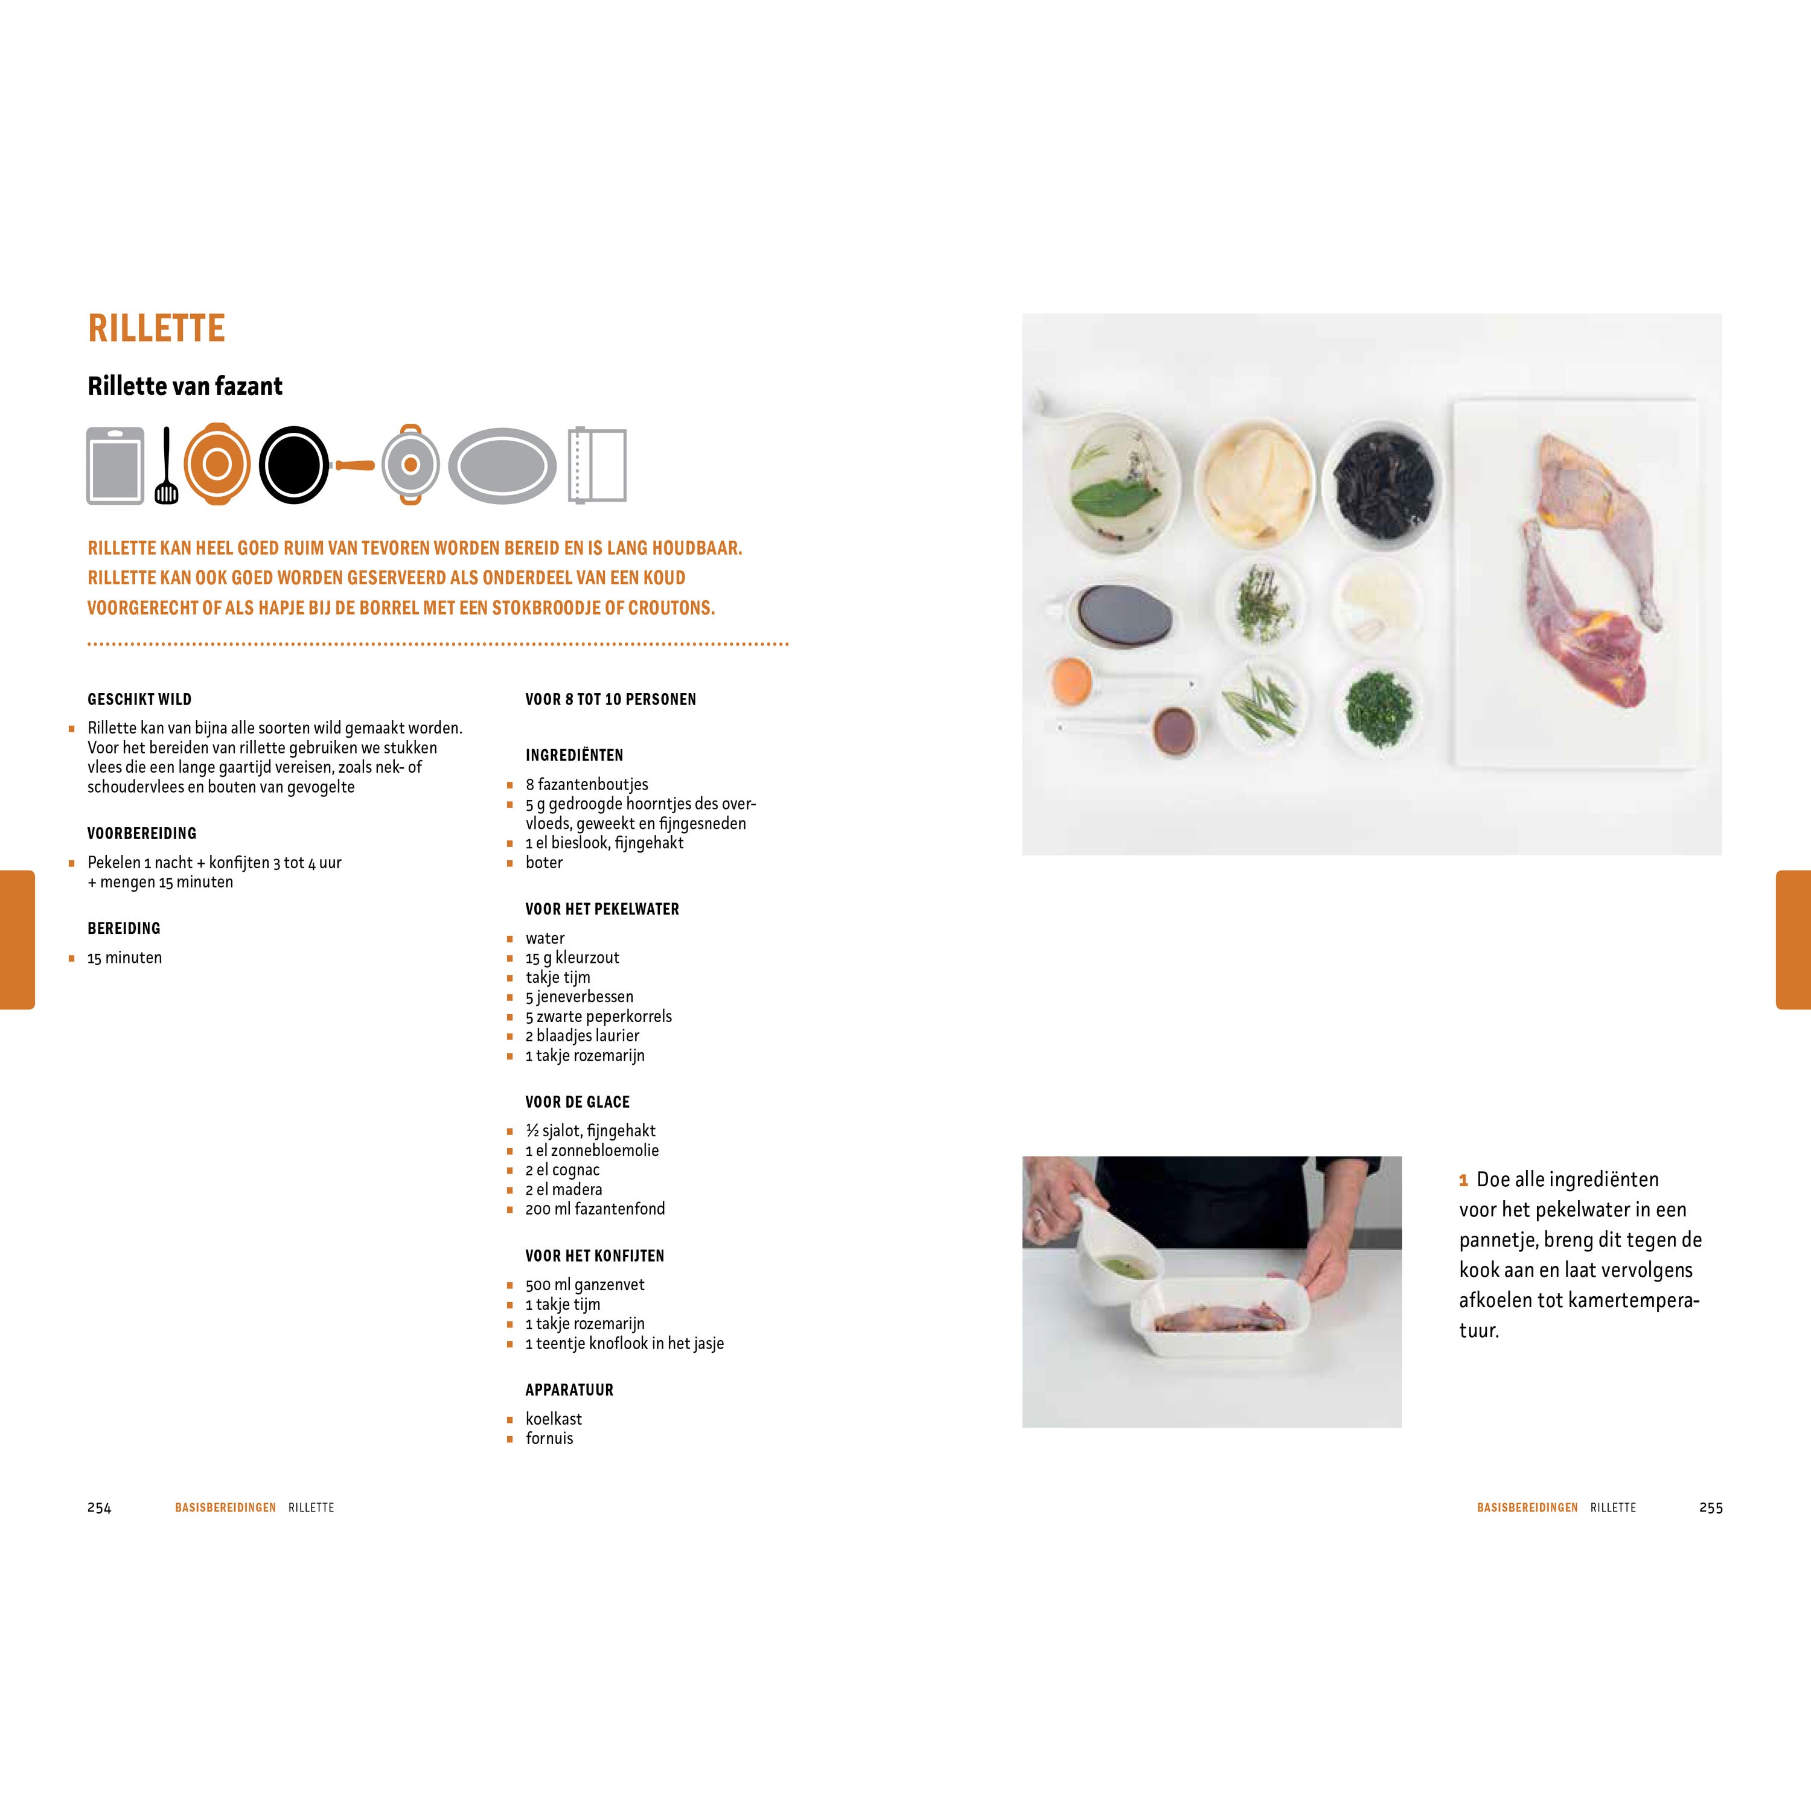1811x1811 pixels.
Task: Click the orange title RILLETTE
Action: [x=156, y=328]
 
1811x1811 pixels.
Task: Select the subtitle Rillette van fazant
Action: [x=185, y=386]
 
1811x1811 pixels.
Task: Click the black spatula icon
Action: [x=166, y=466]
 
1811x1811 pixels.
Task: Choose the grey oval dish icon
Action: [x=502, y=466]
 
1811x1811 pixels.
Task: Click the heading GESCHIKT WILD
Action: [x=139, y=699]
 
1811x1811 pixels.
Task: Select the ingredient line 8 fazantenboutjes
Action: [x=587, y=785]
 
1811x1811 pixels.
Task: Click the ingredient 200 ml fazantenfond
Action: [x=595, y=1209]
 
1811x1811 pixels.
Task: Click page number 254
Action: [x=100, y=1508]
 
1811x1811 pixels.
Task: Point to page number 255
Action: [x=1711, y=1508]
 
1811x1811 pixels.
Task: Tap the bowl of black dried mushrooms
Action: [x=1382, y=485]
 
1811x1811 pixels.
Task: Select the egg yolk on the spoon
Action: [x=1072, y=680]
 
